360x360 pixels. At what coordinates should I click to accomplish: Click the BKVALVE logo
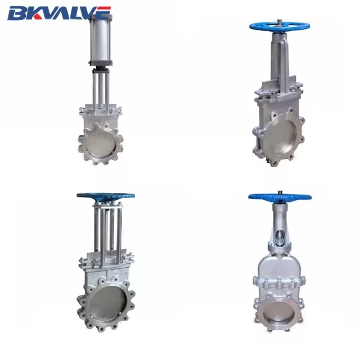[x=59, y=13]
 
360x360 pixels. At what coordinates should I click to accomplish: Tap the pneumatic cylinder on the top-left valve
[x=101, y=39]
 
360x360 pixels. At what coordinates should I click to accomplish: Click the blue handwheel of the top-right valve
[x=280, y=26]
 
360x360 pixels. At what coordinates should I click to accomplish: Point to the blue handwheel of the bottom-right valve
[x=280, y=197]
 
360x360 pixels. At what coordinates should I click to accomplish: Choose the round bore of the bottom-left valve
[x=107, y=304]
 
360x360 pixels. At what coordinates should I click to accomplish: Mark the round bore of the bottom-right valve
[x=278, y=311]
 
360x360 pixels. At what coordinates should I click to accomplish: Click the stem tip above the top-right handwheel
[x=280, y=21]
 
